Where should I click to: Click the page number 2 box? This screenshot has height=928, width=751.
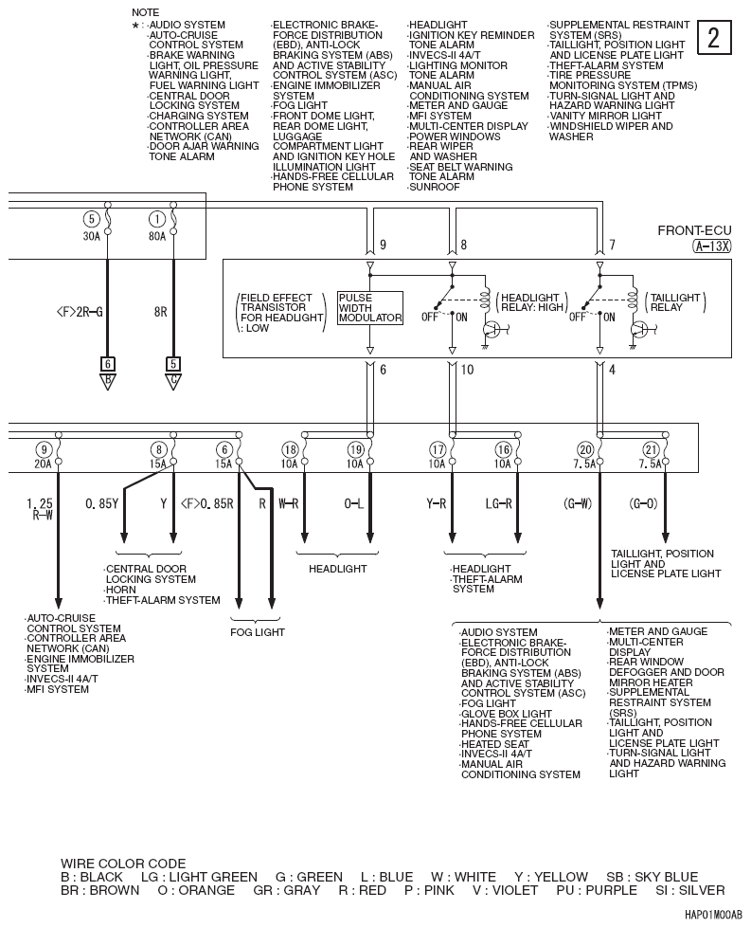pos(714,38)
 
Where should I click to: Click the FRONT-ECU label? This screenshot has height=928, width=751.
pos(694,230)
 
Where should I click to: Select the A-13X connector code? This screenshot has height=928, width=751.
pos(711,245)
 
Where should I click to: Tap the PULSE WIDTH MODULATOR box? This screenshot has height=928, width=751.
pos(369,308)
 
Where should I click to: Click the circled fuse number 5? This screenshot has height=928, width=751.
pos(91,219)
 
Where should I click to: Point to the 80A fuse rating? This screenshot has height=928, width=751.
pos(156,236)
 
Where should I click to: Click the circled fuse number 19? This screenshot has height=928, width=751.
pos(355,449)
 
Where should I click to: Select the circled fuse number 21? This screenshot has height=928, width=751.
pos(650,449)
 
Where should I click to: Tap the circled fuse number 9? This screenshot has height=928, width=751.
pos(43,449)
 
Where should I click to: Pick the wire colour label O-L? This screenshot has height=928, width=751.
pos(354,504)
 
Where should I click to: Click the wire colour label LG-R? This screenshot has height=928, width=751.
pos(499,504)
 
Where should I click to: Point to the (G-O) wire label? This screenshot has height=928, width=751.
pos(643,504)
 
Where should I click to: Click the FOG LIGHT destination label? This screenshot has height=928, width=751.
pos(257,632)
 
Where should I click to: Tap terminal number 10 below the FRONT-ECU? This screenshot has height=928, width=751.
pos(466,370)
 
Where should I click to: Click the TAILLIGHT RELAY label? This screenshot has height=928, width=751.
pos(676,302)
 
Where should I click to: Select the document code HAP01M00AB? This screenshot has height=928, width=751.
pos(713,917)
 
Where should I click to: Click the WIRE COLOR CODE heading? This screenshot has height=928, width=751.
pos(123,864)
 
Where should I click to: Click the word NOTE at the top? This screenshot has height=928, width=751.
pos(146,12)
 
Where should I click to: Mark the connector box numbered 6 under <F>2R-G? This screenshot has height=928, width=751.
pos(108,363)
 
